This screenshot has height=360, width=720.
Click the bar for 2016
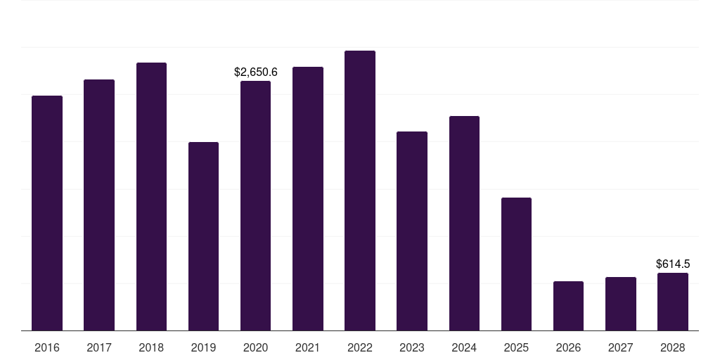pyautogui.click(x=47, y=213)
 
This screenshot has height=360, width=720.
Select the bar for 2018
pyautogui.click(x=151, y=197)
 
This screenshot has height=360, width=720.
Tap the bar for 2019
pyautogui.click(x=203, y=236)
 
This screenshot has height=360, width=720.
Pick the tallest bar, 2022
pyautogui.click(x=360, y=191)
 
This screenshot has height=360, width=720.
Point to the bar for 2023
pyautogui.click(x=412, y=231)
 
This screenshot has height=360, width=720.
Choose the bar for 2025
pyautogui.click(x=516, y=264)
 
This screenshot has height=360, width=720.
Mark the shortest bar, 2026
pyautogui.click(x=568, y=306)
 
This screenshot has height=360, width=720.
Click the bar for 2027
pyautogui.click(x=620, y=304)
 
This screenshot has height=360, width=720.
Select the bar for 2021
pyautogui.click(x=308, y=199)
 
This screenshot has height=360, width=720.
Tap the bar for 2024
pyautogui.click(x=464, y=223)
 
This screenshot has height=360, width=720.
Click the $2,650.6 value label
pyautogui.click(x=256, y=72)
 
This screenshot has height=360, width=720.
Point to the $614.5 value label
pyautogui.click(x=673, y=264)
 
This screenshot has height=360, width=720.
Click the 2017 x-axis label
pyautogui.click(x=99, y=348)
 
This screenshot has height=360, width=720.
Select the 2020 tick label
pyautogui.click(x=255, y=348)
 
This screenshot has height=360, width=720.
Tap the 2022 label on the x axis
pyautogui.click(x=360, y=348)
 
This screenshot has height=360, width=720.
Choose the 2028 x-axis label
pyautogui.click(x=673, y=348)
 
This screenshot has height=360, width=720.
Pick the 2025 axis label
pyautogui.click(x=516, y=348)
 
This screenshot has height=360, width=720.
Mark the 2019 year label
pyautogui.click(x=203, y=348)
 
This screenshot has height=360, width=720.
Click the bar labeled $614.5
pyautogui.click(x=673, y=302)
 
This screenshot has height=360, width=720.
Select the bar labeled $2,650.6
pyautogui.click(x=255, y=205)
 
